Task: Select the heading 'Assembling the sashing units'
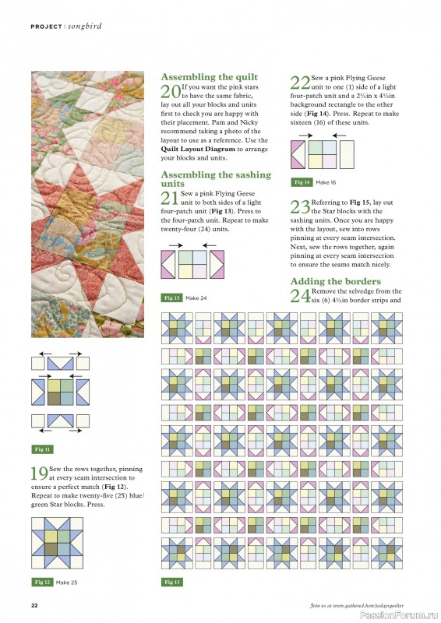click(x=215, y=179)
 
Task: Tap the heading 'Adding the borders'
click(x=335, y=280)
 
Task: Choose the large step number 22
click(x=300, y=84)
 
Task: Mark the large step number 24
click(x=300, y=296)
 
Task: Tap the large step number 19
click(x=39, y=474)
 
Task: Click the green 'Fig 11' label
click(x=42, y=449)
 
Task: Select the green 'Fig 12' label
click(x=42, y=583)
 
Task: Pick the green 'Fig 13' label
click(x=172, y=298)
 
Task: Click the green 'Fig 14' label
click(x=302, y=182)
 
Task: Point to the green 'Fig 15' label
click(x=172, y=583)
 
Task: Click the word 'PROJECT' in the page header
click(x=46, y=26)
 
